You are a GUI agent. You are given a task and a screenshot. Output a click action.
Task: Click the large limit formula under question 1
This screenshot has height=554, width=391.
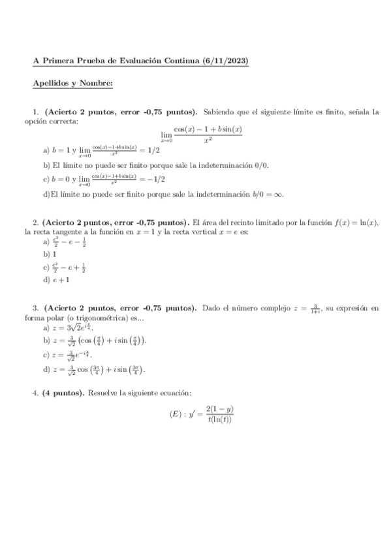202,134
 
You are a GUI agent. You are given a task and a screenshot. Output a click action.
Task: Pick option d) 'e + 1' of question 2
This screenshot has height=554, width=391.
57,280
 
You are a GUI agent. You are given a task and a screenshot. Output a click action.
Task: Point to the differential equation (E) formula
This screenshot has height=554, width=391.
201,414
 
